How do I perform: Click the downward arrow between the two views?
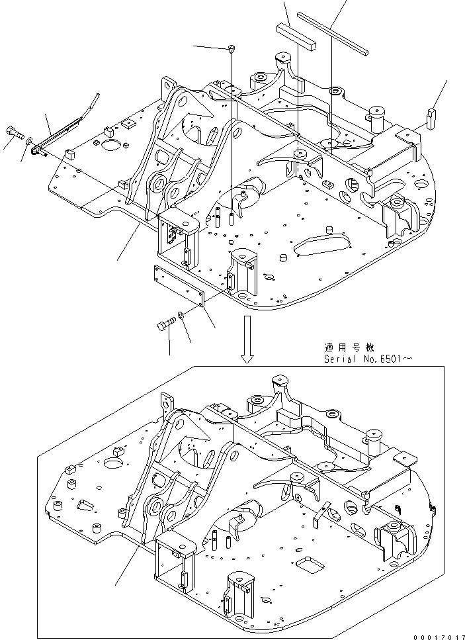click(x=247, y=340)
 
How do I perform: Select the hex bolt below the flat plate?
click(x=165, y=325)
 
